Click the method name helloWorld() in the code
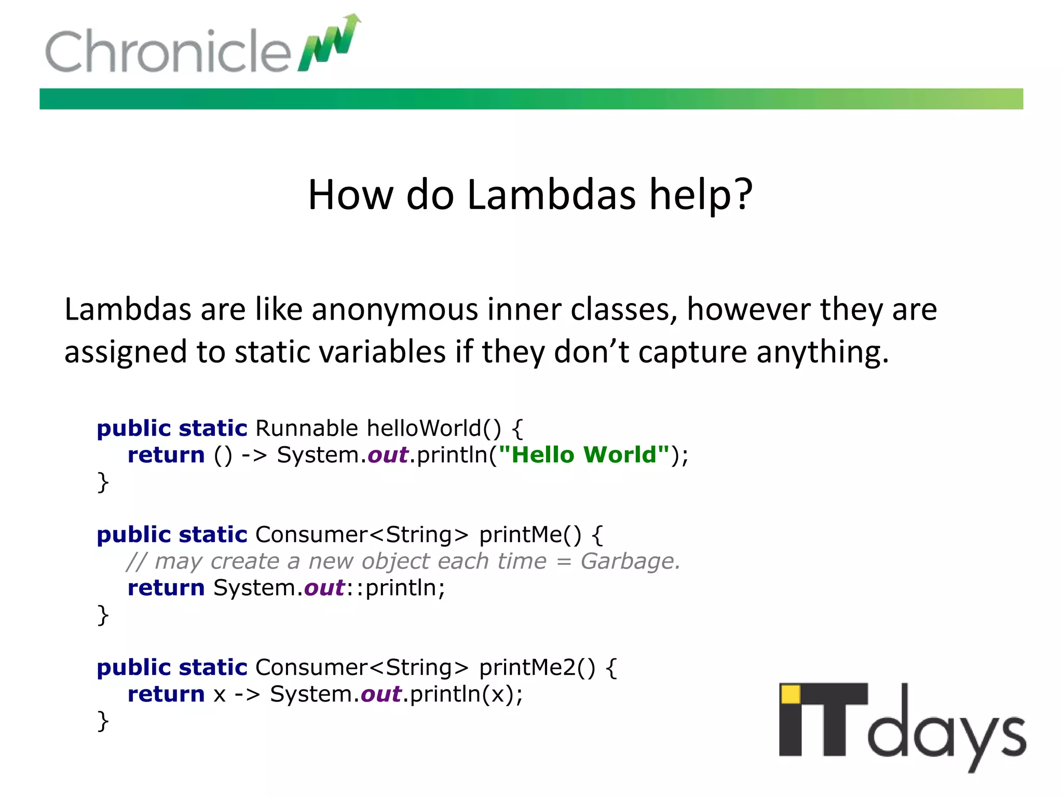click(x=434, y=429)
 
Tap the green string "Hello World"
click(x=583, y=455)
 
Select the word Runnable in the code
click(x=306, y=429)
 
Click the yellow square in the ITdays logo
click(x=791, y=694)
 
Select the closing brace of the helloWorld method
click(x=103, y=483)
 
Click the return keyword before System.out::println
click(x=166, y=588)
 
